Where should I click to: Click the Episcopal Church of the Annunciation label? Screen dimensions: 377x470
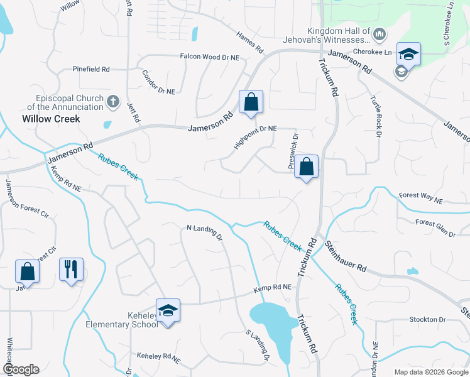pyautogui.click(x=60, y=103)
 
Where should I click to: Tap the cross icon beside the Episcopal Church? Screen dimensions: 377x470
pyautogui.click(x=113, y=101)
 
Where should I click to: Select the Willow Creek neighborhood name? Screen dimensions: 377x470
pyautogui.click(x=51, y=118)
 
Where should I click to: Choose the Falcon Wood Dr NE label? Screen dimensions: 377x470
pyautogui.click(x=210, y=57)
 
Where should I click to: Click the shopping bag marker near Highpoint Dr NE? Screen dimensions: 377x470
pyautogui.click(x=251, y=102)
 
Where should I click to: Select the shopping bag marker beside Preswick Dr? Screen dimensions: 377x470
pyautogui.click(x=306, y=167)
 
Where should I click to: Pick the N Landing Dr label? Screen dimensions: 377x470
pyautogui.click(x=205, y=232)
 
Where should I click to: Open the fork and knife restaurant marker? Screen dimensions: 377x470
pyautogui.click(x=71, y=270)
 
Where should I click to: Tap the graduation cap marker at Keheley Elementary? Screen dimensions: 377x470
pyautogui.click(x=168, y=310)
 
